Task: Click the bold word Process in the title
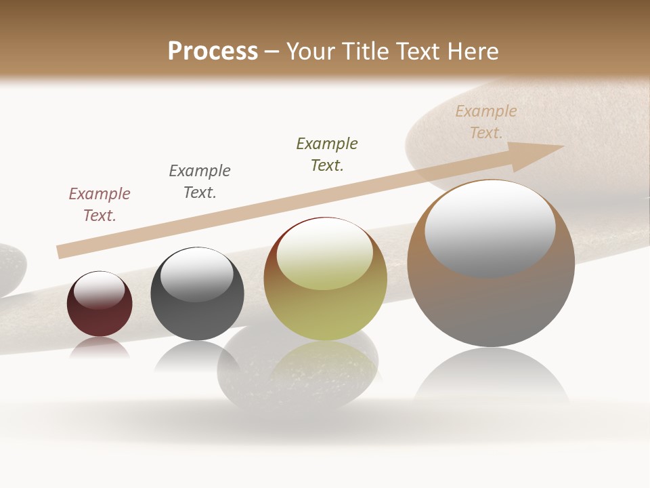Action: pyautogui.click(x=213, y=52)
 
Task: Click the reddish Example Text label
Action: pyautogui.click(x=100, y=204)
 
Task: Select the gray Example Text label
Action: pyautogui.click(x=200, y=181)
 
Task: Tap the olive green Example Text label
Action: pyautogui.click(x=327, y=154)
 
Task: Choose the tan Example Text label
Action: pyautogui.click(x=486, y=121)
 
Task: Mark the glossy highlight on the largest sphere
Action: pyautogui.click(x=490, y=228)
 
